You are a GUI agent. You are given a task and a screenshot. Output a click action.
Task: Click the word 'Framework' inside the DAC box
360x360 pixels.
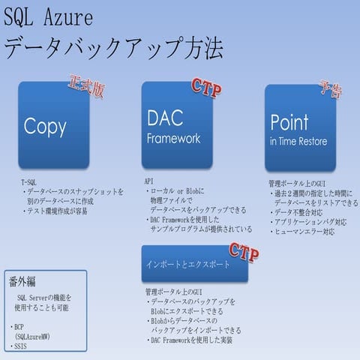tap(173, 138)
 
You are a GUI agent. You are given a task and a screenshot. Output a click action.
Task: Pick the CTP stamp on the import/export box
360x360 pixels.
tap(244, 250)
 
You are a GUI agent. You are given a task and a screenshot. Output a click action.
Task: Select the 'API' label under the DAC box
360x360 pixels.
tap(148, 182)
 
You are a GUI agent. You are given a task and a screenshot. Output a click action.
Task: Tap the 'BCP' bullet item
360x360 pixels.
tap(20, 328)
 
